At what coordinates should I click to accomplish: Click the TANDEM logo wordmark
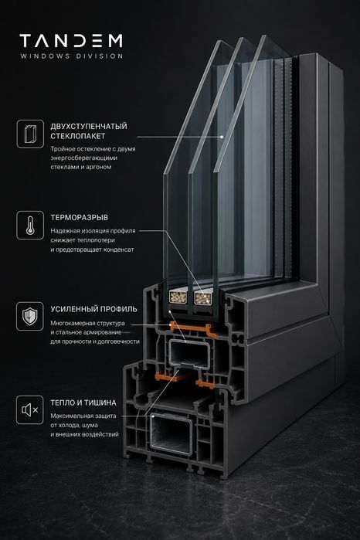[x=71, y=41]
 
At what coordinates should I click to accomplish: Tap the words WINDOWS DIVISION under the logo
[x=71, y=56]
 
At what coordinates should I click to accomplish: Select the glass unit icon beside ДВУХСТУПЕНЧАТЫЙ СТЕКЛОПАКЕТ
[x=30, y=134]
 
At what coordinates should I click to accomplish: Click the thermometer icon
[x=30, y=226]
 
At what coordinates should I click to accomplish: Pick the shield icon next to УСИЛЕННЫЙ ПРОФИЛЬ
[x=30, y=316]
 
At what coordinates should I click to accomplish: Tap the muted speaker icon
[x=30, y=409]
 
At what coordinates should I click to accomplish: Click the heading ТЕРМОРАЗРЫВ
[x=80, y=218]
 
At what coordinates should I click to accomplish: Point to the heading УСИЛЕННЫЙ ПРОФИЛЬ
[x=93, y=309]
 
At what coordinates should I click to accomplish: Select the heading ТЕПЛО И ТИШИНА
[x=83, y=402]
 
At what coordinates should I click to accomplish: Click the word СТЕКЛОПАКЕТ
[x=77, y=136]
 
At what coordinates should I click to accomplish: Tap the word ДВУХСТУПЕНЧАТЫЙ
[x=89, y=126]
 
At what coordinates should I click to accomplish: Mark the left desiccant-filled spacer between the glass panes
[x=178, y=297]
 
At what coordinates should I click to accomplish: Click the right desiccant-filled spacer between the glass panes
[x=203, y=298]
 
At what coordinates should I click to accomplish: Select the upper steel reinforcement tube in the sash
[x=188, y=354]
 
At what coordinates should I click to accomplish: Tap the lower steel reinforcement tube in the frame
[x=172, y=434]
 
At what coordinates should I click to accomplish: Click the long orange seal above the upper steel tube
[x=193, y=330]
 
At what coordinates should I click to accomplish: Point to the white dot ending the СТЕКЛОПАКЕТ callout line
[x=222, y=137]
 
